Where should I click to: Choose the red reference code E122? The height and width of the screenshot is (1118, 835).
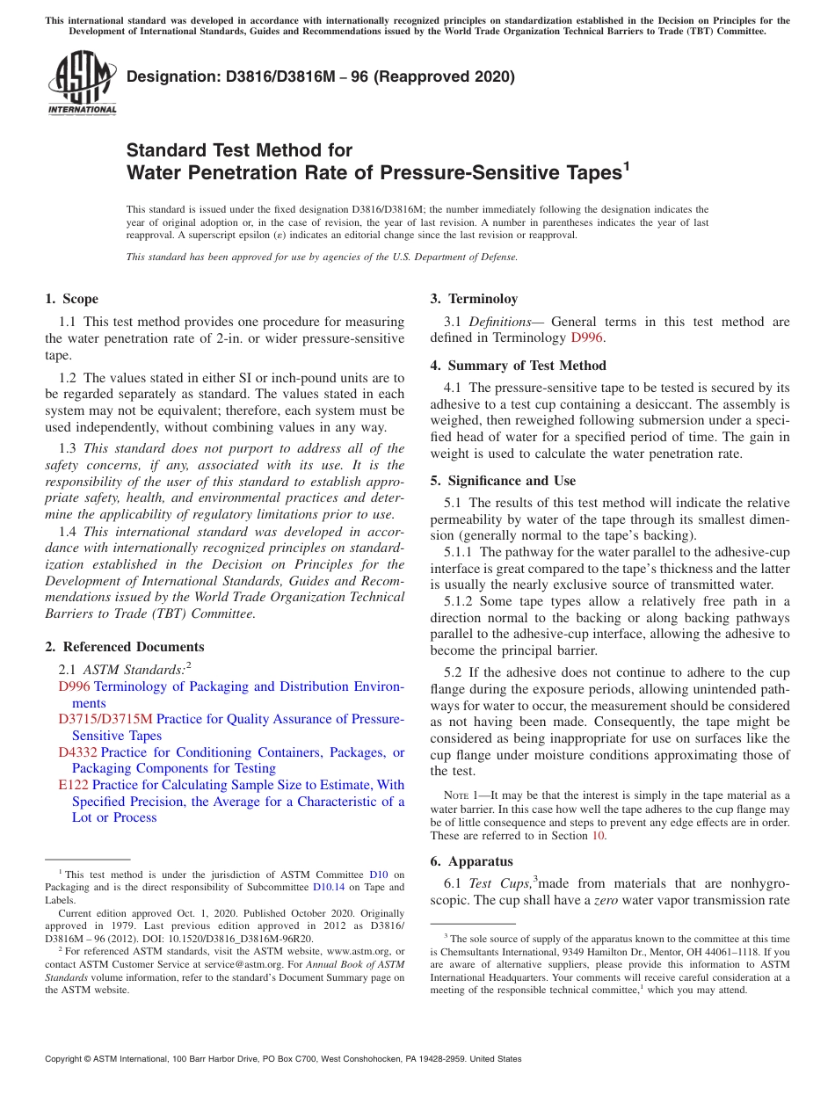[73, 785]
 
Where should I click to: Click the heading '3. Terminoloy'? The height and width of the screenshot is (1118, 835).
[474, 299]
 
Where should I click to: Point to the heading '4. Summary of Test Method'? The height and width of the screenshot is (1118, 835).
[518, 366]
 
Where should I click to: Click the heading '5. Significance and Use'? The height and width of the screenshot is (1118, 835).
[503, 481]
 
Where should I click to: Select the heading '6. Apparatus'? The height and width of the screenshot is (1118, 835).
[471, 861]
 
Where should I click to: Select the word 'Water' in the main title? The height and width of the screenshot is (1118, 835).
[156, 173]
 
